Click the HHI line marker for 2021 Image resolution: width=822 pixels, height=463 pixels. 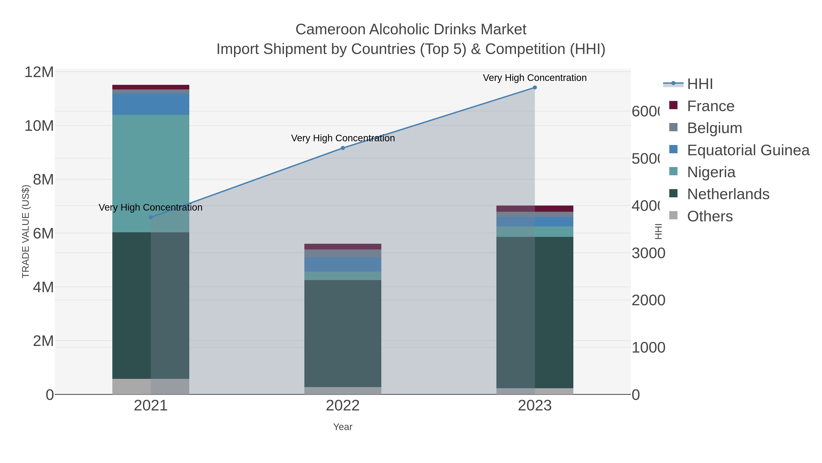click(151, 217)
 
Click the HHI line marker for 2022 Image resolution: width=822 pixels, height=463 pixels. click(343, 148)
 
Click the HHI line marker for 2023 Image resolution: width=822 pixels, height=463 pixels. click(535, 88)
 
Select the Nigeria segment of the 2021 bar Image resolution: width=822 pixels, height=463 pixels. click(151, 173)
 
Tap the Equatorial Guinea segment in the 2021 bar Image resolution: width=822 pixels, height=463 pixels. click(151, 104)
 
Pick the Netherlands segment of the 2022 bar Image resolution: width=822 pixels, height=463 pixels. click(343, 332)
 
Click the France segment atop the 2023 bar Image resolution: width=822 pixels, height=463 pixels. click(535, 209)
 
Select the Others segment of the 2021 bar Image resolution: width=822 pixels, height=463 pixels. click(151, 386)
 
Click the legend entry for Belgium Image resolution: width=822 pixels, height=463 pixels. click(714, 128)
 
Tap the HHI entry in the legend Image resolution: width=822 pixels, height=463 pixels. click(699, 84)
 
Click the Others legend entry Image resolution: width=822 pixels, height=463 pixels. click(709, 216)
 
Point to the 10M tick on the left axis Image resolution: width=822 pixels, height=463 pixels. click(39, 126)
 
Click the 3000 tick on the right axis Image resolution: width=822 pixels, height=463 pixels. click(648, 253)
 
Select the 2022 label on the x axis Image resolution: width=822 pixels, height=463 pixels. click(343, 405)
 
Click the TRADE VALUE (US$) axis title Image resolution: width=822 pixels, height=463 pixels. click(26, 231)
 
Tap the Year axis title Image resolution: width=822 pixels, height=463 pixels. click(343, 427)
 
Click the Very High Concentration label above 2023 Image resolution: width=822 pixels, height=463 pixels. click(535, 78)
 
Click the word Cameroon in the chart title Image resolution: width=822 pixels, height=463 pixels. click(330, 29)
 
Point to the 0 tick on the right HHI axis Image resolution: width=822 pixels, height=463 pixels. click(636, 395)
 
